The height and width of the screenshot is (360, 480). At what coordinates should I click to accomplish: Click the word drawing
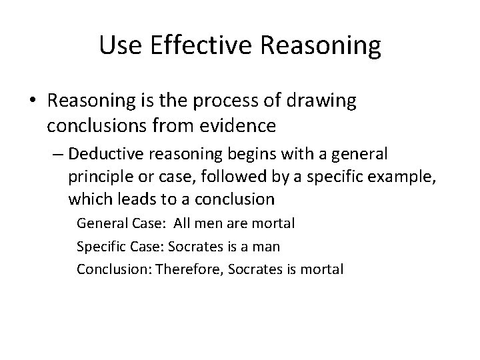click(325, 101)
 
